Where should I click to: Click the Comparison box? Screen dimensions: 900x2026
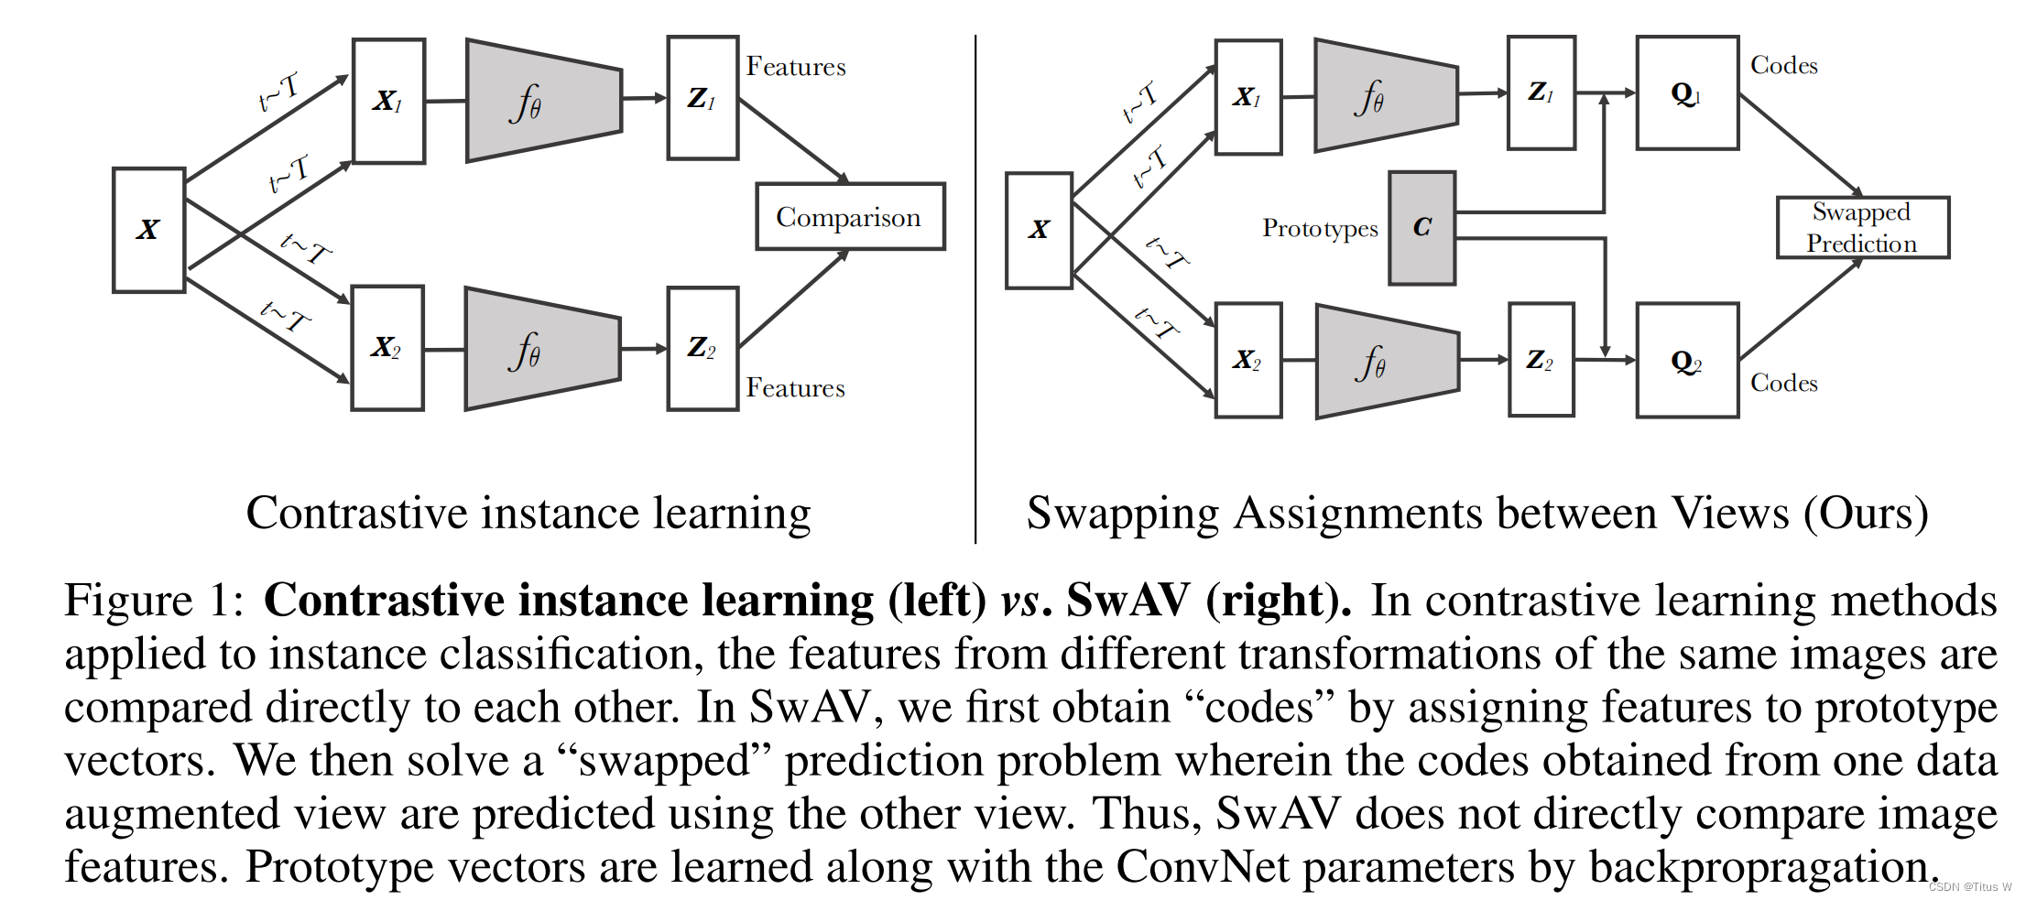point(849,217)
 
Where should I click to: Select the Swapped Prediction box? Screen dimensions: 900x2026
point(1862,228)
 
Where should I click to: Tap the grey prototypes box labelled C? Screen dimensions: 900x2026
point(1421,228)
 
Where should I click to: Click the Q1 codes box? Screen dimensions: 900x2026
point(1686,93)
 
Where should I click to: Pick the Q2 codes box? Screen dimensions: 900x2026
point(1686,361)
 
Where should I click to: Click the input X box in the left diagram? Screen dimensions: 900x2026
point(148,230)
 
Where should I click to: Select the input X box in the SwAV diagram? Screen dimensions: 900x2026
point(1039,230)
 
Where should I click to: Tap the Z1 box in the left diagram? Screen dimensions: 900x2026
point(703,98)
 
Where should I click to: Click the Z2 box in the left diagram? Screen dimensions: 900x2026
point(703,348)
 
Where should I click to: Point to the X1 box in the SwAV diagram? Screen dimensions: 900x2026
point(1247,97)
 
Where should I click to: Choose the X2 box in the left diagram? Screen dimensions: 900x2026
point(387,348)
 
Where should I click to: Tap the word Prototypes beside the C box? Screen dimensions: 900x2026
point(1319,228)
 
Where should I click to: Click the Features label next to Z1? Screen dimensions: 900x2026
point(795,67)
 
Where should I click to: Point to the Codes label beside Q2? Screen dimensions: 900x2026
point(1783,383)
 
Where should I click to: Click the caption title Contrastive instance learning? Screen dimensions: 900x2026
point(528,513)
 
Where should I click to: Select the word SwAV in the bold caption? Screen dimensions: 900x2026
point(1128,602)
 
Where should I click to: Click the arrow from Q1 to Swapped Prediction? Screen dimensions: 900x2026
point(1800,144)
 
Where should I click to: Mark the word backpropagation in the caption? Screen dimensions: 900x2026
point(1763,867)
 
